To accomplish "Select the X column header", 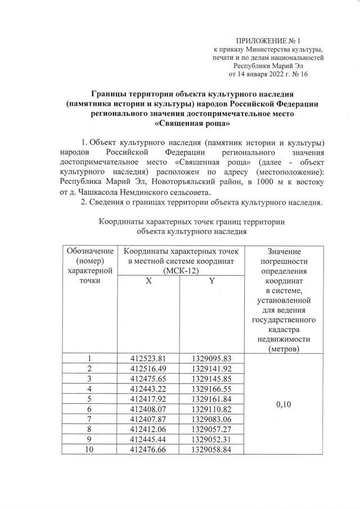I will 149,281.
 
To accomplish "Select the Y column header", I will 211,281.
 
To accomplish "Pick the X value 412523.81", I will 149,358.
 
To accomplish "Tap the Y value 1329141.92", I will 211,368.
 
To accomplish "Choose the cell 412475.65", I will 149,379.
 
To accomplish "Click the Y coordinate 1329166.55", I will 211,389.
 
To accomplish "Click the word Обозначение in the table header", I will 90,251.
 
